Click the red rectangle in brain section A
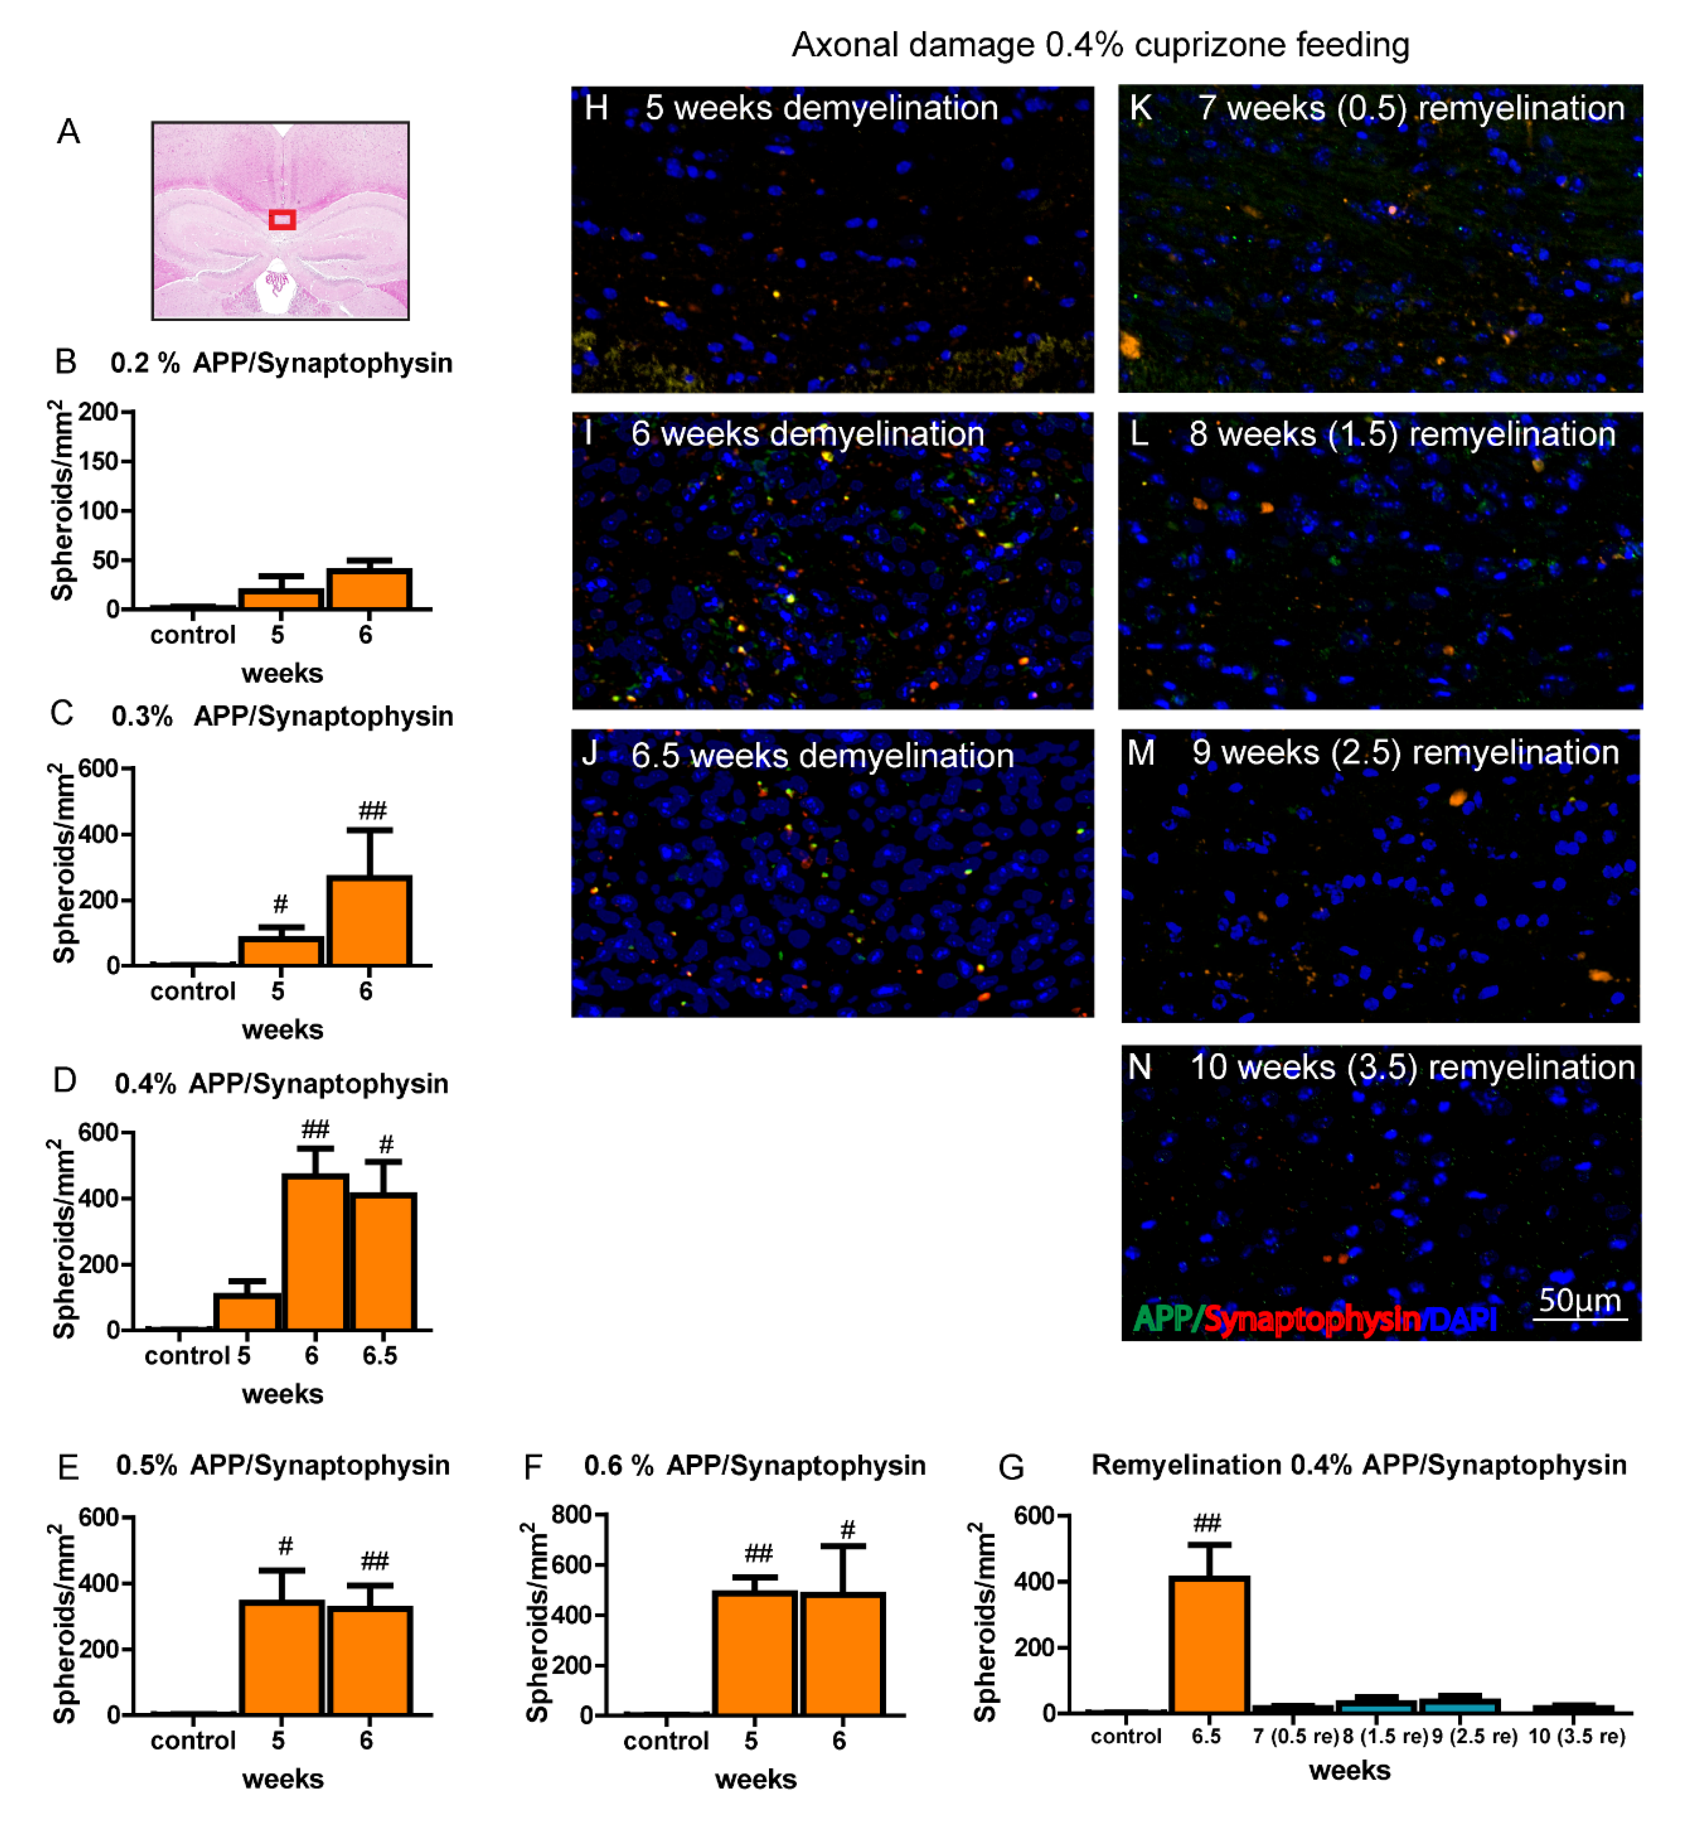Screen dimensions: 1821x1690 (x=282, y=219)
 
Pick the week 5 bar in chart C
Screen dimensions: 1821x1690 (x=281, y=951)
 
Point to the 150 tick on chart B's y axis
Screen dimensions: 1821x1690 (x=99, y=461)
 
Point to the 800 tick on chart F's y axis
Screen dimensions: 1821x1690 (x=571, y=1515)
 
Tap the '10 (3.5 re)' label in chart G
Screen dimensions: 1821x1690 (x=1576, y=1736)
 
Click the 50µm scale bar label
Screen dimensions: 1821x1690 (x=1579, y=1299)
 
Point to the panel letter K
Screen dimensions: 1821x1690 (x=1139, y=108)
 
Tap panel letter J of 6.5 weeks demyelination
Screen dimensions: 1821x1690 (x=590, y=753)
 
